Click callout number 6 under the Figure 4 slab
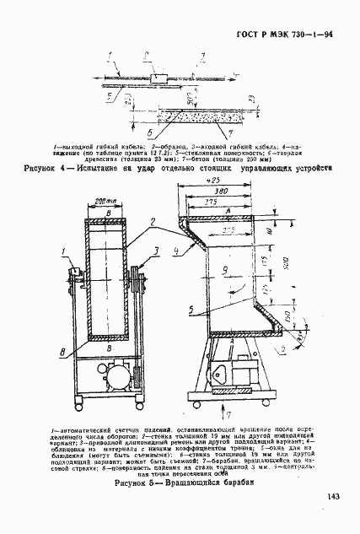pyautogui.click(x=149, y=132)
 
